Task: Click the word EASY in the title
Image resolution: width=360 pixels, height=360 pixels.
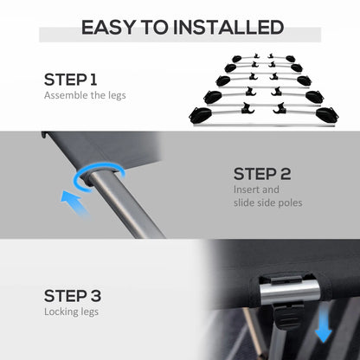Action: (x=108, y=28)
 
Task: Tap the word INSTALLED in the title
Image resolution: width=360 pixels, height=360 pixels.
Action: (x=228, y=28)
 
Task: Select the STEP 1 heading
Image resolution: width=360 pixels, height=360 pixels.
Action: (x=71, y=80)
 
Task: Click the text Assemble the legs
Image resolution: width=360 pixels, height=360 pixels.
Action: (x=85, y=95)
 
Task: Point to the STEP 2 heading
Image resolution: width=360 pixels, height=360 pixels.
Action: (x=262, y=174)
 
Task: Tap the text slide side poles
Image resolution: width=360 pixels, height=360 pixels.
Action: (x=268, y=202)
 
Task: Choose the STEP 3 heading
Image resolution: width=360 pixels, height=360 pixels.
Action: (x=73, y=296)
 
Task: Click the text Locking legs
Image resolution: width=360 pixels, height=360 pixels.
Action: (x=71, y=312)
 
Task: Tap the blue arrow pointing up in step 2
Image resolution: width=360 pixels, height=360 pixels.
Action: (x=74, y=203)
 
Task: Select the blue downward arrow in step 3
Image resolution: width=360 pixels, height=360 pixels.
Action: (x=324, y=326)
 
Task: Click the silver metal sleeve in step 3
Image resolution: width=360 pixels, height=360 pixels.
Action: (x=290, y=292)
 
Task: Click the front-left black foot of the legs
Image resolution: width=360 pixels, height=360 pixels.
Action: (x=201, y=114)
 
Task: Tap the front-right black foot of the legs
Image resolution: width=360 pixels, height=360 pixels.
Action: (x=327, y=114)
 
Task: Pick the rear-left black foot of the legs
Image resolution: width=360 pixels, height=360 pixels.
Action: (x=237, y=59)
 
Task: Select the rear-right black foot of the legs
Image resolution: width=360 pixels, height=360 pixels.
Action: (x=291, y=59)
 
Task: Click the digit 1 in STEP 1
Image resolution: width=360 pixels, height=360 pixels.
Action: (x=93, y=80)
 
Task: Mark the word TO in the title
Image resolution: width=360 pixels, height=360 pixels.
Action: (x=154, y=28)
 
